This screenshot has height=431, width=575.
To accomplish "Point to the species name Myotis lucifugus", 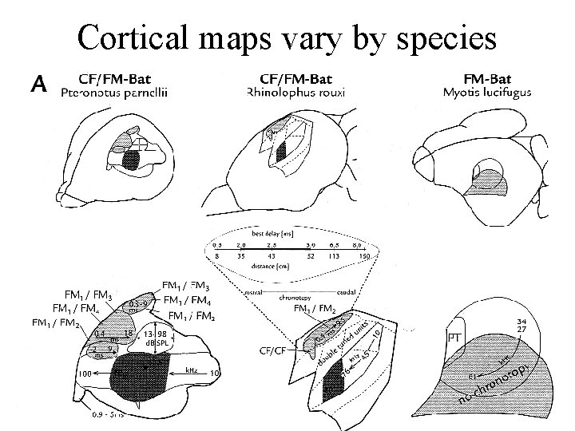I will pyautogui.click(x=487, y=93).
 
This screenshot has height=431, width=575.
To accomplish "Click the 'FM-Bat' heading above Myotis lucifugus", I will pyautogui.click(x=487, y=78).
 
